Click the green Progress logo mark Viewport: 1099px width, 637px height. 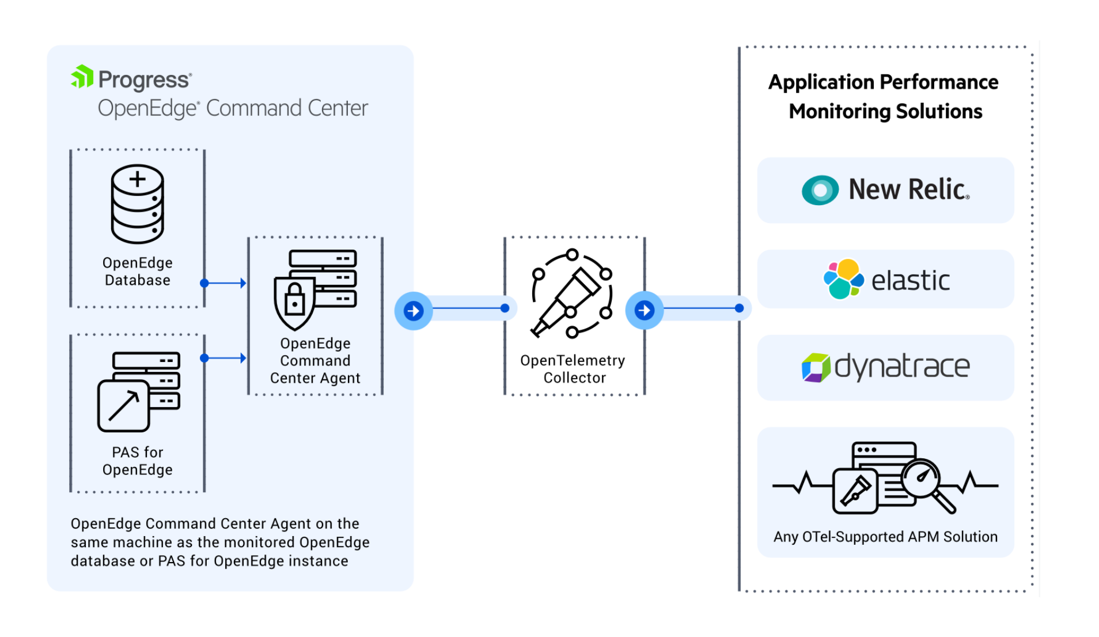[x=82, y=77]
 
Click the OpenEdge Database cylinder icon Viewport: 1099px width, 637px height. [x=137, y=205]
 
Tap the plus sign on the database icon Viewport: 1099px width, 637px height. [x=137, y=179]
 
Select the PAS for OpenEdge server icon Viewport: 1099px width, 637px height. [x=139, y=391]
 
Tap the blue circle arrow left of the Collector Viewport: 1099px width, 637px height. [x=413, y=311]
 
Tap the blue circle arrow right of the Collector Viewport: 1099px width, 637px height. [x=644, y=310]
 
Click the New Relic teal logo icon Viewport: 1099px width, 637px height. [x=820, y=190]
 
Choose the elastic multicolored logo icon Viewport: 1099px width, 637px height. [x=843, y=280]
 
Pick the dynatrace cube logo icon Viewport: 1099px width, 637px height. [x=816, y=368]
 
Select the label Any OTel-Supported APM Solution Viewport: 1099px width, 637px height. [x=885, y=537]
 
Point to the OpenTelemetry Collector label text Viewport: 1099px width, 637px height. [x=573, y=369]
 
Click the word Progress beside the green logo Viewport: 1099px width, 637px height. [x=144, y=80]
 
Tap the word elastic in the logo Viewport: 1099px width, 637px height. [x=910, y=281]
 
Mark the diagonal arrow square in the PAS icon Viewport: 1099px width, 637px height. [x=123, y=406]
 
